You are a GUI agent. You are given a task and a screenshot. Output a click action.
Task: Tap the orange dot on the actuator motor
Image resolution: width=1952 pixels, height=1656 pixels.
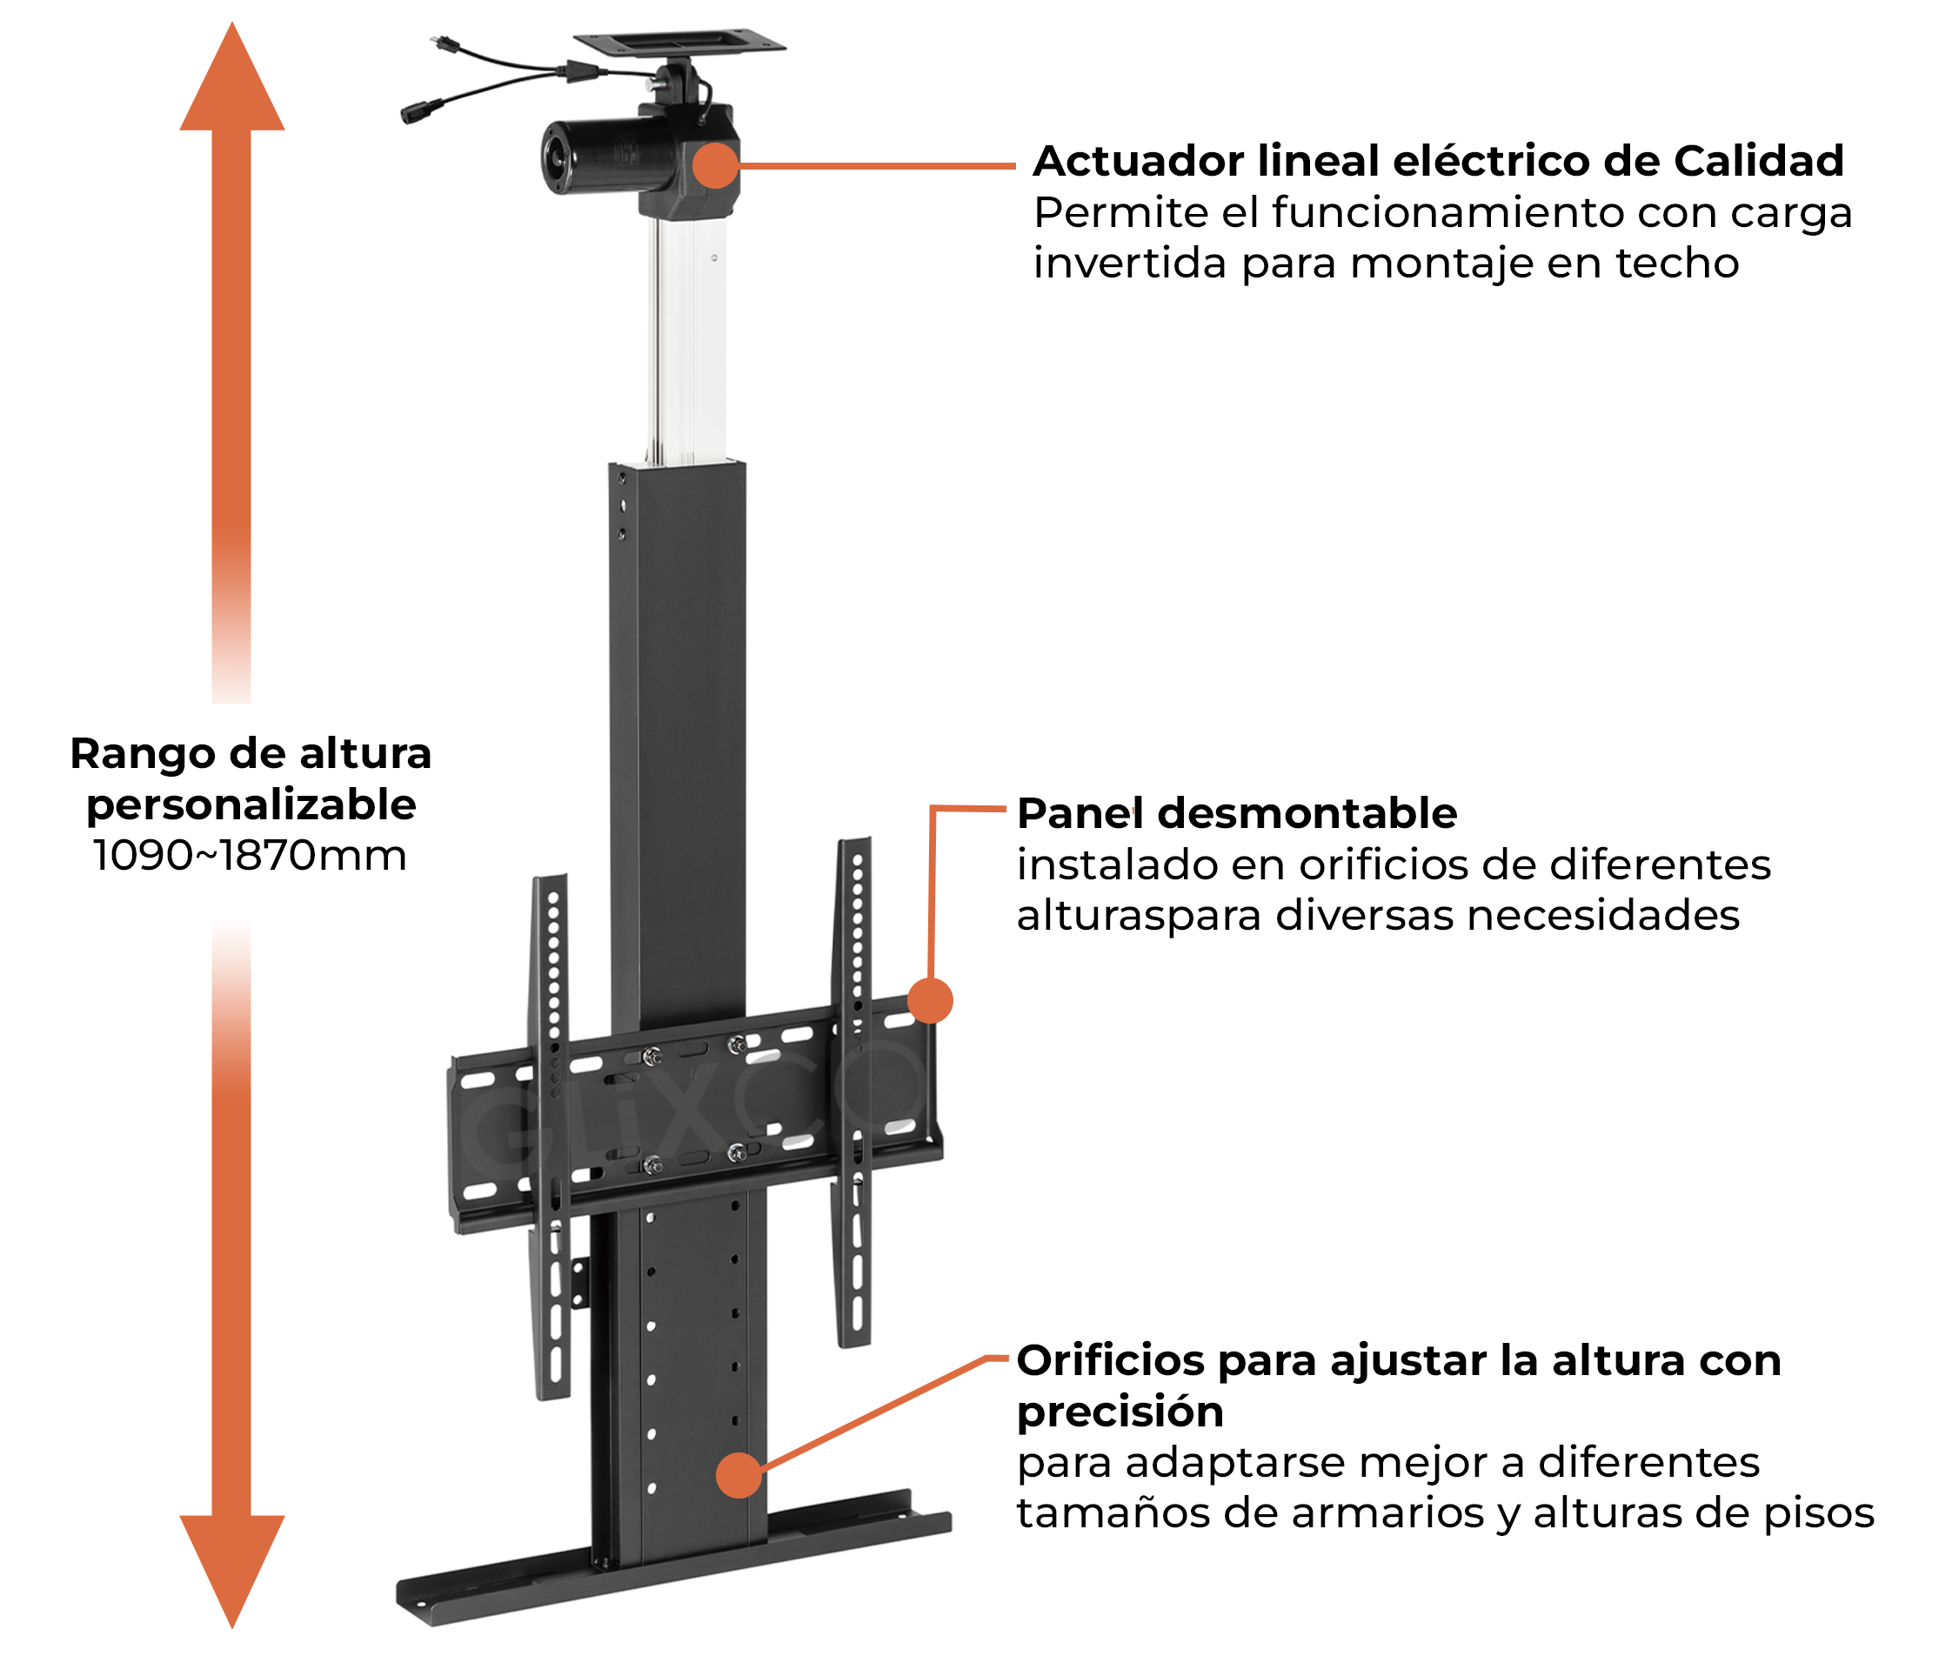coord(715,165)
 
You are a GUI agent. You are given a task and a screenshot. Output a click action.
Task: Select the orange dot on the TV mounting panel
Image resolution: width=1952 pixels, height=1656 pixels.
coord(930,1000)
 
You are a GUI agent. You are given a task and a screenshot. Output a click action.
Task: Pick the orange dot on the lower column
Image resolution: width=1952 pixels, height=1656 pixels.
coord(738,1475)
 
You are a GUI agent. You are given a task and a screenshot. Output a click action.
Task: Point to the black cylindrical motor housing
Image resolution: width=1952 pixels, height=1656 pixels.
coord(592,157)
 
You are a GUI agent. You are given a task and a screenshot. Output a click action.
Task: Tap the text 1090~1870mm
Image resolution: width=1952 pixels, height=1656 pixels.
coord(249,856)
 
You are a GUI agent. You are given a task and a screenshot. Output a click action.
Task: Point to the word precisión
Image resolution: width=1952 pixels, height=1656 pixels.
coord(1120,1411)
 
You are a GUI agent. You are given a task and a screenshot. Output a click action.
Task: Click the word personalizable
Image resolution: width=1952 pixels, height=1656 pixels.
coord(251,805)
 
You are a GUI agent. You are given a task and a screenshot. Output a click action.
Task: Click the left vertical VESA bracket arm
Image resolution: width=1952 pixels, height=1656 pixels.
coord(552,1126)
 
